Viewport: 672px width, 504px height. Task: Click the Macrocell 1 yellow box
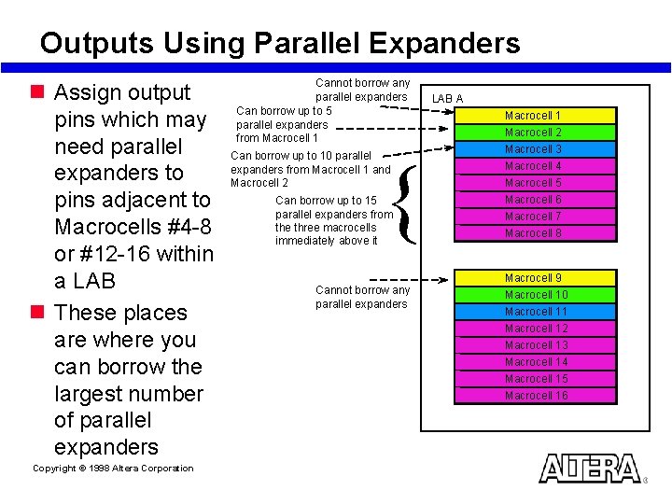pos(533,116)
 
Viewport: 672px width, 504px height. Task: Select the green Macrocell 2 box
pos(533,133)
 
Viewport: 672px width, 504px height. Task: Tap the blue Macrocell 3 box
pos(533,149)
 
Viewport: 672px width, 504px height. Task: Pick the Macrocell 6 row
pos(533,200)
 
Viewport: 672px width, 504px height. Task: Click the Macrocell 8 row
pos(533,233)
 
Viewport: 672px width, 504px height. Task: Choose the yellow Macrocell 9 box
pos(533,278)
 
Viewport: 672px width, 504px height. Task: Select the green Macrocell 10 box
pos(533,295)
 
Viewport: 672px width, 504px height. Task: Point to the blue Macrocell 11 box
pos(533,312)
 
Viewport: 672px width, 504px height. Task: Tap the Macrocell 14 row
pos(533,362)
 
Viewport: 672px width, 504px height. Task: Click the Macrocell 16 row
pos(533,396)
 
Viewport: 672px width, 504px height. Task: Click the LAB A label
pos(447,99)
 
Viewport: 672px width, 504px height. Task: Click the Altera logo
pos(590,469)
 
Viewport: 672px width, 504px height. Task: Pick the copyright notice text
pos(113,469)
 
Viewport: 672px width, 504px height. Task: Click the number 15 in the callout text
pos(371,201)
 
